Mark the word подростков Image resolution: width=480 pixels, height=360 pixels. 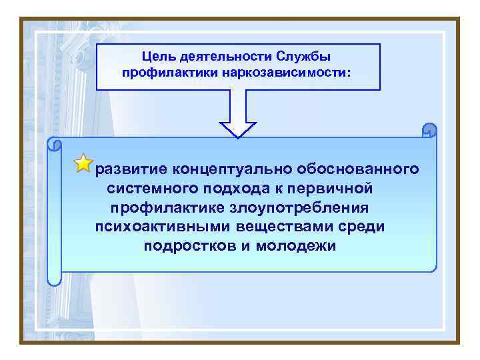(183, 246)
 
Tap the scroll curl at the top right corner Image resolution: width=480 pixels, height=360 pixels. (429, 130)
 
